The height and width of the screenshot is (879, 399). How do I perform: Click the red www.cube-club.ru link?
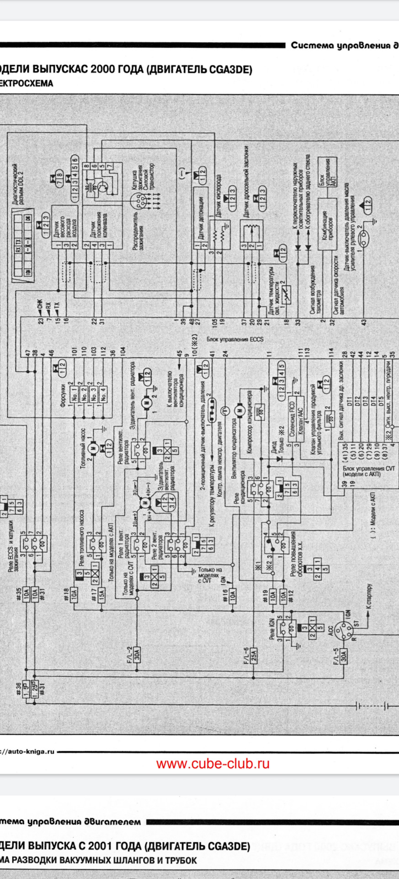pos(213,764)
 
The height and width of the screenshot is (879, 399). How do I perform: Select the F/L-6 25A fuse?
pos(253,656)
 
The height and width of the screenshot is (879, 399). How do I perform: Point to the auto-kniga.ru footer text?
pos(27,751)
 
